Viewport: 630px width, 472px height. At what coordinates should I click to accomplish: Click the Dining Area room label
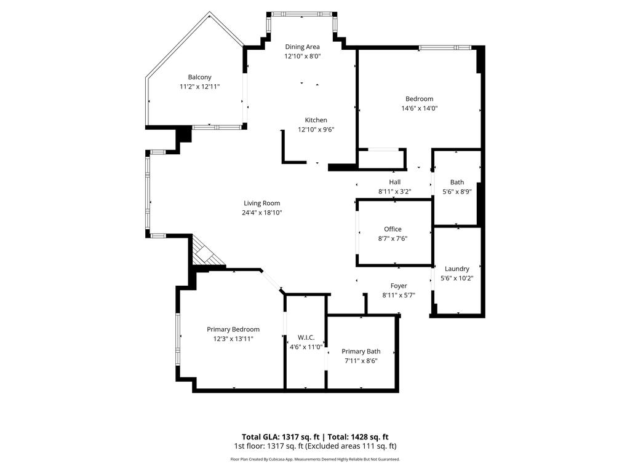pos(302,47)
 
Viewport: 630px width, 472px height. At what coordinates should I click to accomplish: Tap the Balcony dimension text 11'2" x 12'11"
pos(199,87)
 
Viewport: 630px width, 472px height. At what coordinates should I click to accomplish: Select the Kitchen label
pos(316,120)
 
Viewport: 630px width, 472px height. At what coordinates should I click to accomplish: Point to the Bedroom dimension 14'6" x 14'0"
pos(419,108)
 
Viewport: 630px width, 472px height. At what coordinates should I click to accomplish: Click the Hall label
pos(394,182)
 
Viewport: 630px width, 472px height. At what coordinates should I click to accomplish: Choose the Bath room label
pos(457,182)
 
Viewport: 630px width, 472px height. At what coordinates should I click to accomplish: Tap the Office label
pos(393,229)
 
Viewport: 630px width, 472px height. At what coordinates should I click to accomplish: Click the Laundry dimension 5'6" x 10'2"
pos(457,278)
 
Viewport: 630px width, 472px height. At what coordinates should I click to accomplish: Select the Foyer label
pos(399,286)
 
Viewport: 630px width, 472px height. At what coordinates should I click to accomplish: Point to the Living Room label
pos(261,203)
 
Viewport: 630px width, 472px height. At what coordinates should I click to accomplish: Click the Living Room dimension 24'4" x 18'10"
pos(261,213)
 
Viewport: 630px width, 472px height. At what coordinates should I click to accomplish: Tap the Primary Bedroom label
pos(233,329)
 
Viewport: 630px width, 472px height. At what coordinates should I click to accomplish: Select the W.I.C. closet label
pos(306,337)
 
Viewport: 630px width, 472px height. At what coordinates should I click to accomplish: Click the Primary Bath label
pos(361,352)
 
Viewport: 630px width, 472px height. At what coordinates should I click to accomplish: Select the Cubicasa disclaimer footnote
pos(315,459)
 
